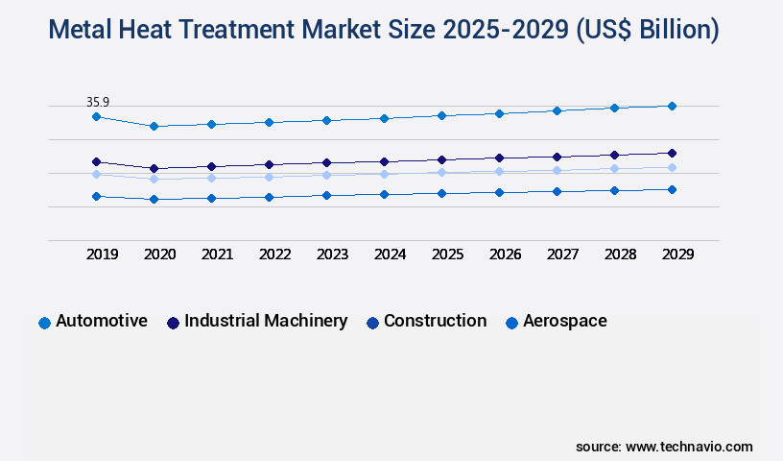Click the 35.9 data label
[x=97, y=101]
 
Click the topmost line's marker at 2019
[x=96, y=116]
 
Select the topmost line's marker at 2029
[x=672, y=106]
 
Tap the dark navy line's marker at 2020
[x=154, y=168]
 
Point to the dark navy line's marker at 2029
[x=672, y=153]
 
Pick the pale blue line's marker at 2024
[x=384, y=174]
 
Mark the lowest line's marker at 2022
[x=269, y=197]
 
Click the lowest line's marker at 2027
[x=557, y=191]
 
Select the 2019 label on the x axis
[x=102, y=255]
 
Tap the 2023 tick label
[x=332, y=255]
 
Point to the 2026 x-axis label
[x=505, y=255]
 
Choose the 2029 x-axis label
[x=677, y=255]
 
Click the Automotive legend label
[x=102, y=321]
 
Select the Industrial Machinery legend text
[x=266, y=321]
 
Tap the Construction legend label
[x=435, y=321]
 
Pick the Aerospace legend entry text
[x=564, y=321]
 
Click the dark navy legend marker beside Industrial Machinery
[x=173, y=323]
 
